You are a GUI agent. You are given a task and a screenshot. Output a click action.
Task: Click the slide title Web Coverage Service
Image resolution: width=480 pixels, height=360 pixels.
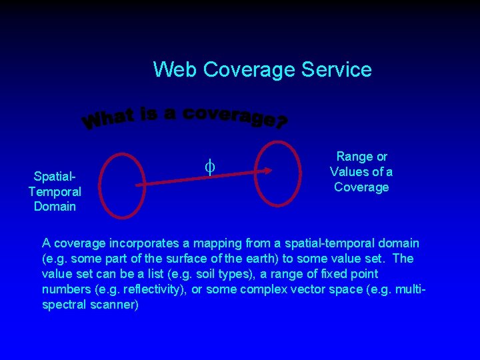[262, 69]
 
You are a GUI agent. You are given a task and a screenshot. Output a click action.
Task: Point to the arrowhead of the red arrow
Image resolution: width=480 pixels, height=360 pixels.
[267, 171]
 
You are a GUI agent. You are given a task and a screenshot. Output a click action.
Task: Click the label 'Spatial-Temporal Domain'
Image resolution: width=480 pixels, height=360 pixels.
[55, 191]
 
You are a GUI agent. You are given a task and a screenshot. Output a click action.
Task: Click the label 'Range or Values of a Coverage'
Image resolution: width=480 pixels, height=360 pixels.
[361, 172]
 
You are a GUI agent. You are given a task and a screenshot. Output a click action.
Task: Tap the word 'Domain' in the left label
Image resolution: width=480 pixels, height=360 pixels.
[55, 207]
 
